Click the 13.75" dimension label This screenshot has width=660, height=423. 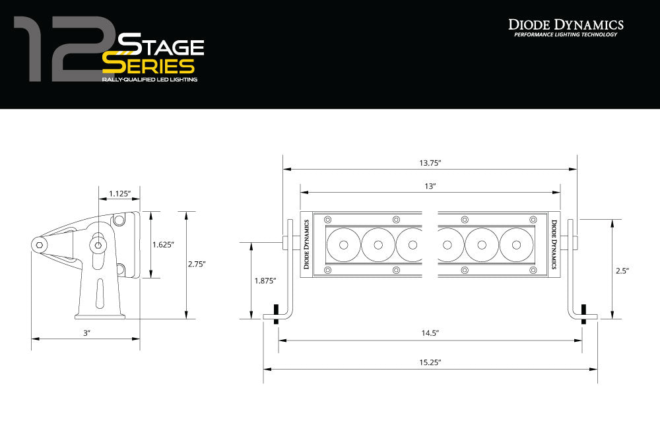tap(430, 162)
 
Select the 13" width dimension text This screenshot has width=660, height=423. tap(430, 187)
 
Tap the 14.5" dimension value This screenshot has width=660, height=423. tap(430, 333)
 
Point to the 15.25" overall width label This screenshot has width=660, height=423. tap(430, 362)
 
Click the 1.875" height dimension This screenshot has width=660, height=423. tap(265, 280)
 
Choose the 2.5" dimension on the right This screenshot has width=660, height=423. tap(622, 271)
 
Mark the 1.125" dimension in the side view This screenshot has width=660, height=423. tap(119, 193)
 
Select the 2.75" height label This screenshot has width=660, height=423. tap(196, 264)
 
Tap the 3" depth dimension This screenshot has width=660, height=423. tap(86, 333)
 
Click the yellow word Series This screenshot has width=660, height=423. tap(148, 66)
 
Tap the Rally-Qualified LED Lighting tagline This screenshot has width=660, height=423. tap(149, 79)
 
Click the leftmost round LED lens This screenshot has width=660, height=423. tap(344, 244)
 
